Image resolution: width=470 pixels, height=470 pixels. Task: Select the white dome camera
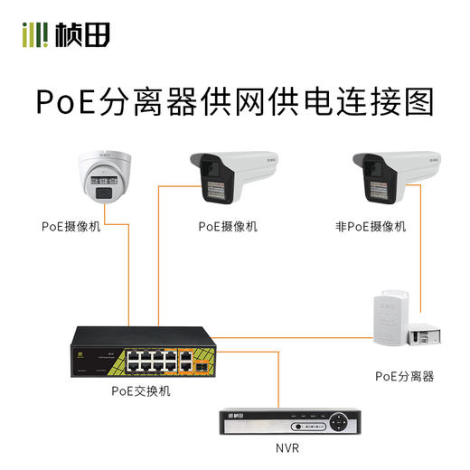(105, 178)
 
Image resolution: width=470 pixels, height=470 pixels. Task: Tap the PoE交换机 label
(140, 391)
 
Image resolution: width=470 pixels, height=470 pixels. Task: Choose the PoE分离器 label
(404, 375)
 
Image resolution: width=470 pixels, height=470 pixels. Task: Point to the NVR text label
(288, 447)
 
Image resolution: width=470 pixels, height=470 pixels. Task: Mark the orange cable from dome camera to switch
(127, 271)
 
